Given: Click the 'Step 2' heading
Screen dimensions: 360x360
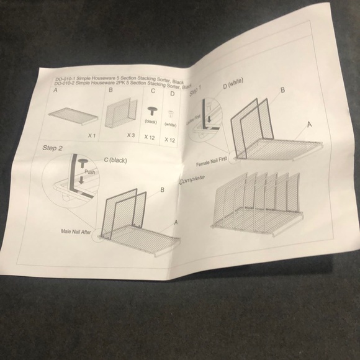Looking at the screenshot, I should tap(53, 148).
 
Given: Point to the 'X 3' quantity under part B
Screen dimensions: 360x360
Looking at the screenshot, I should tap(131, 135).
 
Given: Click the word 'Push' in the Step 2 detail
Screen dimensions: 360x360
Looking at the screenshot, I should tap(90, 171).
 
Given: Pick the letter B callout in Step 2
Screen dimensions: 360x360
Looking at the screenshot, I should tap(162, 191).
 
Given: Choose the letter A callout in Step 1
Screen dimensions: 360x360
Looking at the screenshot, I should tap(308, 124).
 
